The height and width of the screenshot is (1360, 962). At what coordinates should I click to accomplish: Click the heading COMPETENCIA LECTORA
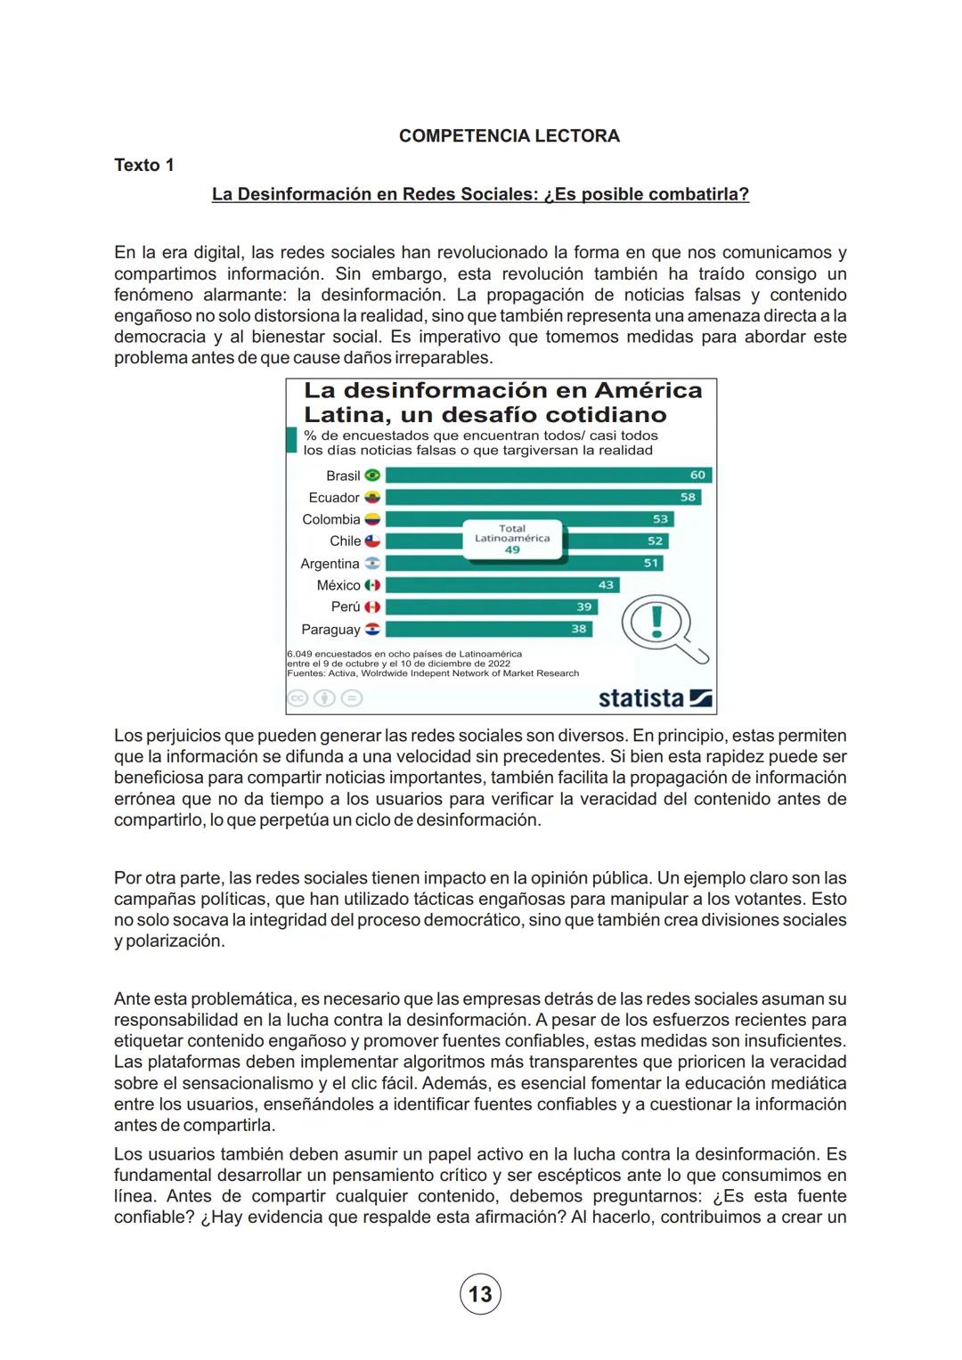click(509, 136)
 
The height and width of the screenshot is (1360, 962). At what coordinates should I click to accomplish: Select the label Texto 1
click(143, 166)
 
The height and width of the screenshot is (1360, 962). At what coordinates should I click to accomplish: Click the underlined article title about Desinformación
click(480, 194)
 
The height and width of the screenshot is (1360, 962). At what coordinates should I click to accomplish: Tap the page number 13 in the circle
click(480, 1294)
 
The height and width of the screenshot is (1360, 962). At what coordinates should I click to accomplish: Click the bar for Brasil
click(548, 476)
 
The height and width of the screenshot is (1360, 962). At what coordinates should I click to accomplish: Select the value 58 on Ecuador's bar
click(688, 497)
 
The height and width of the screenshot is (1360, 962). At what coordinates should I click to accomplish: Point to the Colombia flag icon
click(372, 519)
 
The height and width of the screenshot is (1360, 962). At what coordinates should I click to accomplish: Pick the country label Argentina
click(330, 564)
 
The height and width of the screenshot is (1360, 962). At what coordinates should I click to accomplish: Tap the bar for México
click(501, 585)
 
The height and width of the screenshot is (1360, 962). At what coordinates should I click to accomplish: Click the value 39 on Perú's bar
click(583, 607)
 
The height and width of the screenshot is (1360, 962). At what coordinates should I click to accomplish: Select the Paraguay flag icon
click(372, 629)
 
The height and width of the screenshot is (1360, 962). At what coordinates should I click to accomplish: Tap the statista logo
click(655, 698)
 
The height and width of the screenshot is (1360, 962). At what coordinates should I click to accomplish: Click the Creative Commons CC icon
click(298, 699)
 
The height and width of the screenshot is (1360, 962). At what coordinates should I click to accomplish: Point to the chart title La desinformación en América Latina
click(502, 403)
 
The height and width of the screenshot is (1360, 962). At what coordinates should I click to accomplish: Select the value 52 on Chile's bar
click(655, 541)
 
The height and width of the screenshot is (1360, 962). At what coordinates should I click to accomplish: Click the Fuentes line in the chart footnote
click(433, 673)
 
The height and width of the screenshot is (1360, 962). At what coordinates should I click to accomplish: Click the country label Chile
click(345, 542)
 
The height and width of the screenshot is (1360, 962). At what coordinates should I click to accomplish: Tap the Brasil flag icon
click(372, 476)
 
